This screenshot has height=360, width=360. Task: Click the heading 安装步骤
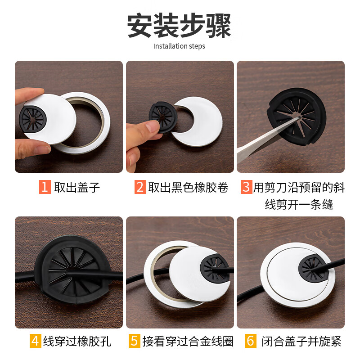coord(179,26)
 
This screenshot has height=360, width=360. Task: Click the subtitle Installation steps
coord(179,46)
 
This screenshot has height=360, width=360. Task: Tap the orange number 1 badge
coord(45,187)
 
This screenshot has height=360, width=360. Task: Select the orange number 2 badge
coord(140,187)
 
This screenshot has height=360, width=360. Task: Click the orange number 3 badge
coord(246,187)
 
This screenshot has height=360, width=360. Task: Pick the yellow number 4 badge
coord(36,341)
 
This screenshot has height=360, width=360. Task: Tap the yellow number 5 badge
coord(135,341)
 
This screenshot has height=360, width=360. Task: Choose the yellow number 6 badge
coord(251,341)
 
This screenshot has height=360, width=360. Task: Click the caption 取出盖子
coord(77,187)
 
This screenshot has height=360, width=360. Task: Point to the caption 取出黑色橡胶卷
coord(188,187)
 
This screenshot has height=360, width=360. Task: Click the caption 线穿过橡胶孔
coord(77,341)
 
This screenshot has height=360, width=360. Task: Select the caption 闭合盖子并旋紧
coord(301,341)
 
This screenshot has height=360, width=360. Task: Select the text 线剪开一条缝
coord(299,205)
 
